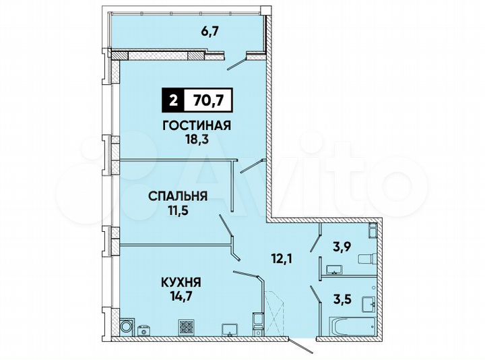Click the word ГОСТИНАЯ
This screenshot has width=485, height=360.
pyautogui.click(x=197, y=125)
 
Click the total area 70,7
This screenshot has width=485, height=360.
pyautogui.click(x=208, y=102)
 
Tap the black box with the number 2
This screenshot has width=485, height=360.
pyautogui.click(x=174, y=102)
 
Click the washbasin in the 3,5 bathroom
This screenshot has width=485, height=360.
pyautogui.click(x=368, y=303)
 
